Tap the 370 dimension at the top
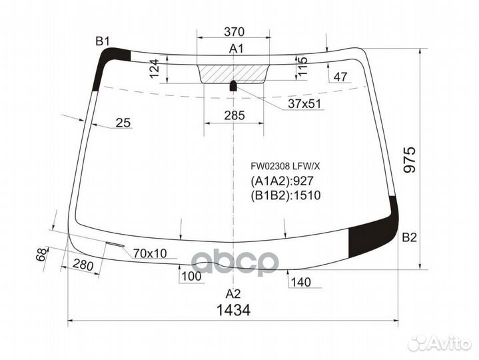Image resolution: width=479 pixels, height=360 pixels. tap(234, 31)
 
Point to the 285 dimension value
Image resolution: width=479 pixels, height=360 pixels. tap(234, 115)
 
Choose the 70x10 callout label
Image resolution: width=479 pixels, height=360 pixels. tap(150, 253)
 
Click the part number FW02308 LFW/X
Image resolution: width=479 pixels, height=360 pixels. tap(285, 163)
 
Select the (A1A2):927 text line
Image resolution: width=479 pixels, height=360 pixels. tap(282, 180)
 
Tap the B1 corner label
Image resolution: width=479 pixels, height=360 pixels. tap(102, 41)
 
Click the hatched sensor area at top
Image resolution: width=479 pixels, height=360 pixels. tap(234, 72)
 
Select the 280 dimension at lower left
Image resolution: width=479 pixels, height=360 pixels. tap(83, 265)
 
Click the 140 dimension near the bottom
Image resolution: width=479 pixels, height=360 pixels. tap(301, 283)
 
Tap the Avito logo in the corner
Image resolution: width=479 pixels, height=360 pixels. tap(439, 343)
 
